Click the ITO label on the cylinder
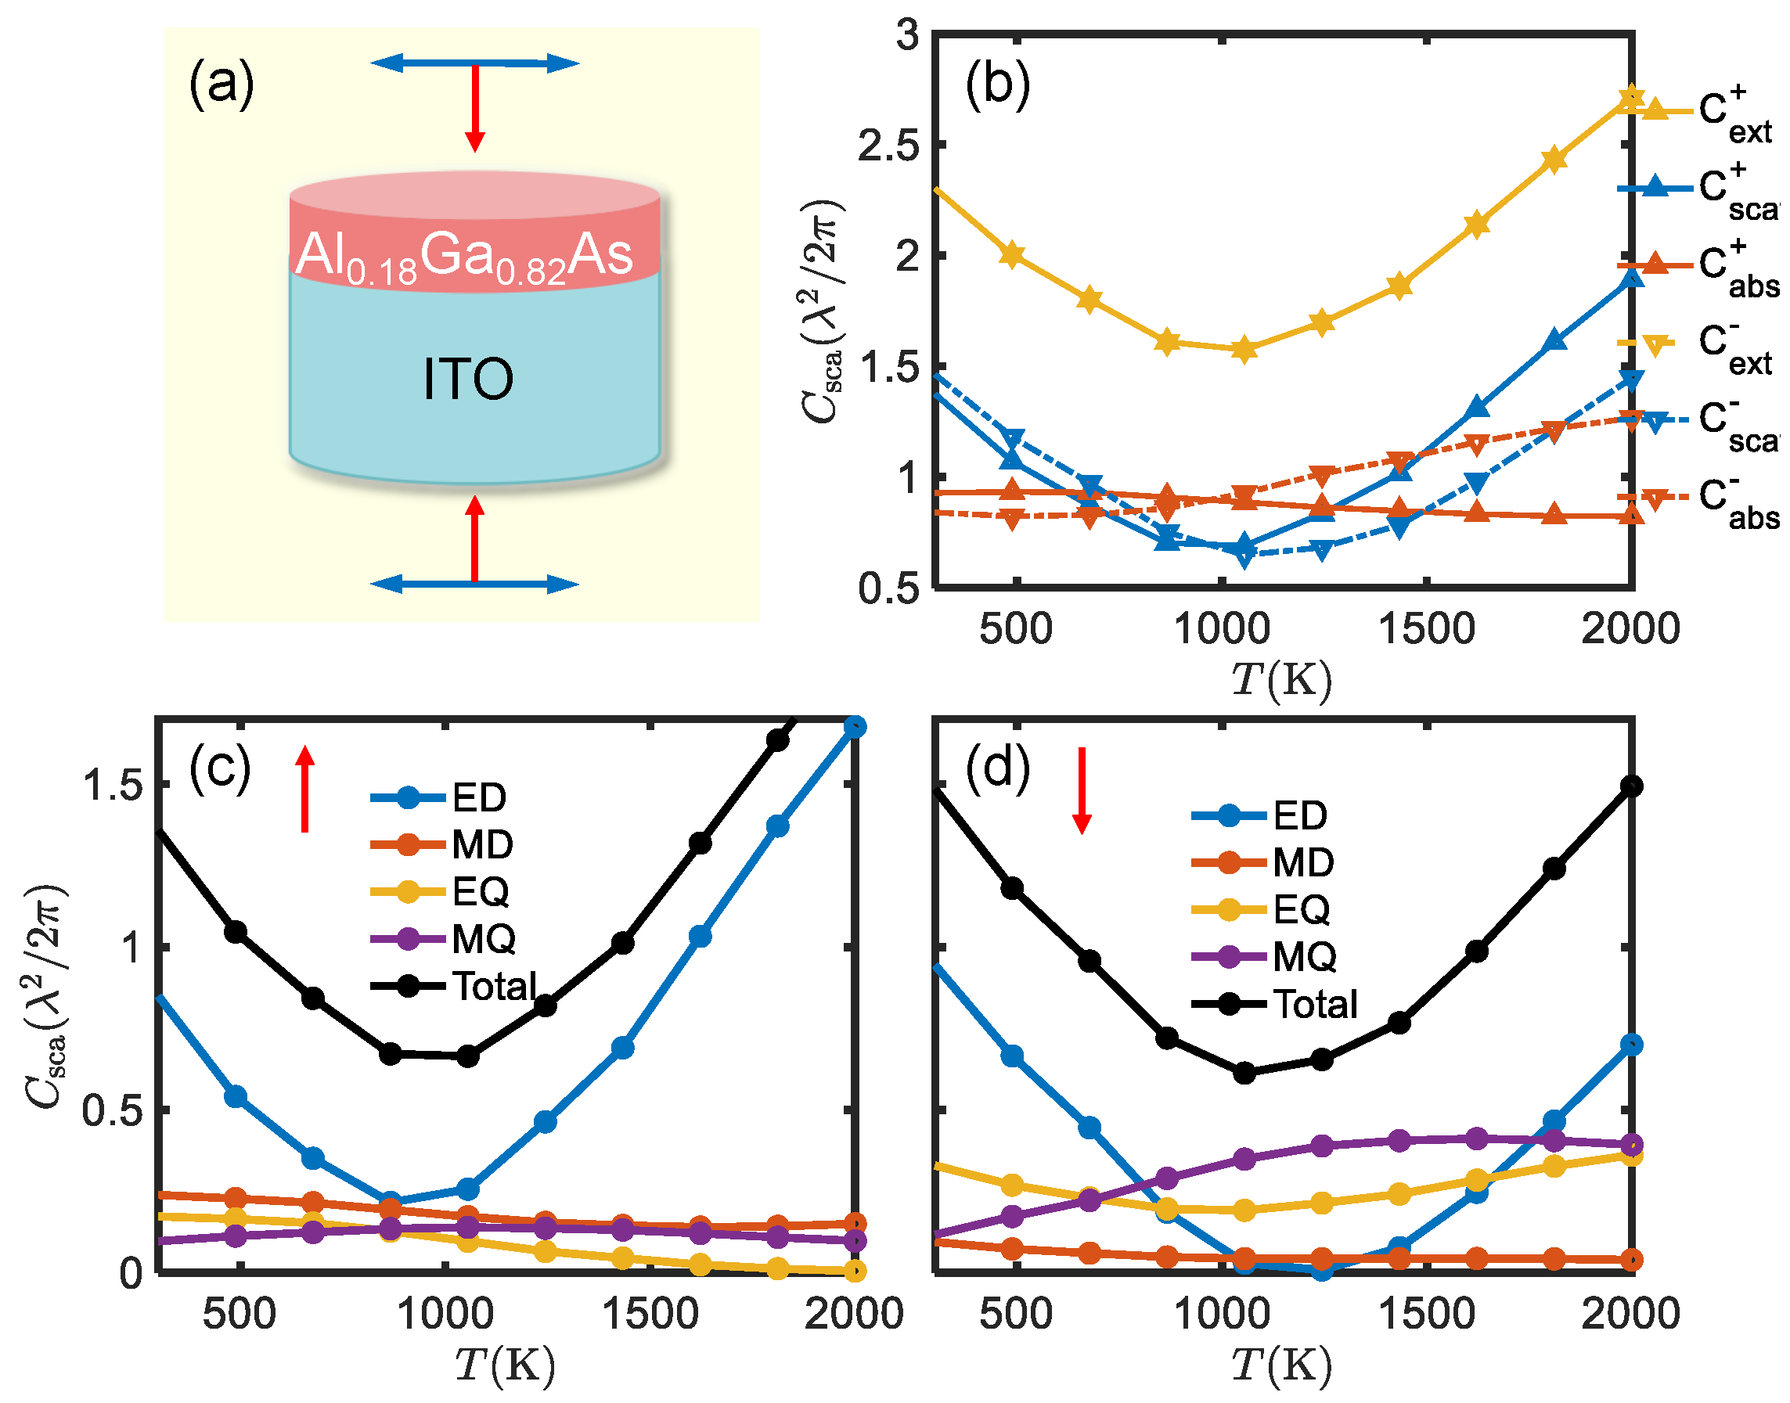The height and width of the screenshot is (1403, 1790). [468, 380]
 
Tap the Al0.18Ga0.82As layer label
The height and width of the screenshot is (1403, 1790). [464, 254]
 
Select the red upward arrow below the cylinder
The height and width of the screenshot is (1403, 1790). [475, 538]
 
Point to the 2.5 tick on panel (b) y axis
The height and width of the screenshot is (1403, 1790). [889, 146]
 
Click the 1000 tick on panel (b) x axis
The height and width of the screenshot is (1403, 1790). [1222, 630]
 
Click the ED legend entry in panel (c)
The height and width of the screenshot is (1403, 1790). [480, 797]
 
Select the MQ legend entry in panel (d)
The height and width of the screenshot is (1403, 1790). [1305, 957]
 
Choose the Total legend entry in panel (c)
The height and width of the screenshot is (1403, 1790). [495, 986]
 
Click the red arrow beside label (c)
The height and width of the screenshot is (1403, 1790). [305, 789]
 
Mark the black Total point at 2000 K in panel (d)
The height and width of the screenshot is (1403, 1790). [1632, 786]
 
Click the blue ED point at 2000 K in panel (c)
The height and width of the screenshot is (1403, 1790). [855, 727]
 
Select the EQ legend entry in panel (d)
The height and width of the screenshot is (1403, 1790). [1302, 910]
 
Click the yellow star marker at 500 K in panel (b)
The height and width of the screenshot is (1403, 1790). [1012, 254]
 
